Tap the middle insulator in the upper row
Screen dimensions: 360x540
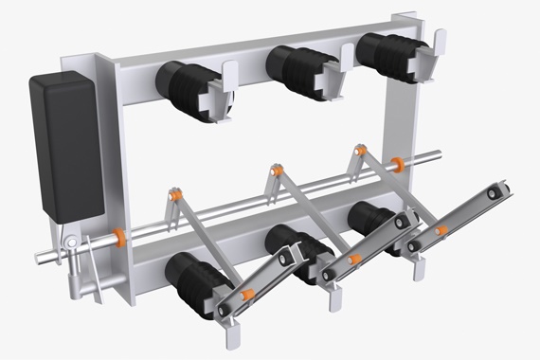coord(297,68)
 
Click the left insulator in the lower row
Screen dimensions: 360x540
coord(196,281)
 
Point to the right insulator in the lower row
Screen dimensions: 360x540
coord(372,225)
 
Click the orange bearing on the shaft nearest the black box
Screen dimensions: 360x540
coord(120,234)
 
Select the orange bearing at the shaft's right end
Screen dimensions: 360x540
coord(398,164)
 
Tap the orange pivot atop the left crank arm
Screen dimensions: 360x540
coord(175,194)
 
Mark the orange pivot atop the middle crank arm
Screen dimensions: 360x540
coord(277,171)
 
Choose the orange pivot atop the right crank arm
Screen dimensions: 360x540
coord(360,150)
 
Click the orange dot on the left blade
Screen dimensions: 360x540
coord(246,295)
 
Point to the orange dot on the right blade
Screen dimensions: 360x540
coord(441,230)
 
